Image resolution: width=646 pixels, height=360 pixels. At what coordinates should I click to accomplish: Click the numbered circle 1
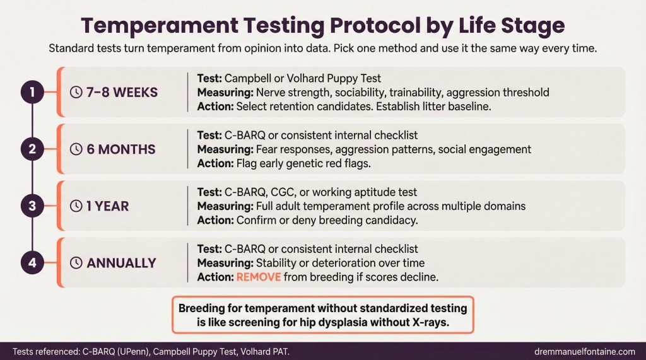point(32,92)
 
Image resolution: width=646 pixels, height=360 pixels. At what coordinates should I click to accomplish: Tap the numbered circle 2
point(32,149)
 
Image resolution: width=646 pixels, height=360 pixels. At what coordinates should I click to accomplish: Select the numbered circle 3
point(32,206)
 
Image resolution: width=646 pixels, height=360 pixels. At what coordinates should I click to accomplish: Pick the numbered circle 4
point(32,262)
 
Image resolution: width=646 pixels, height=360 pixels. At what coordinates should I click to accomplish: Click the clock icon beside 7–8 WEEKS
point(76,92)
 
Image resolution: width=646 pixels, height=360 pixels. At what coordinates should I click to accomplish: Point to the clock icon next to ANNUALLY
point(76,263)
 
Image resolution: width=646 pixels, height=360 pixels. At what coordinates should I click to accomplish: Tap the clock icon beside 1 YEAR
point(76,206)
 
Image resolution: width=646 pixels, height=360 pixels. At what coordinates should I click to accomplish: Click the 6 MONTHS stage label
point(120,149)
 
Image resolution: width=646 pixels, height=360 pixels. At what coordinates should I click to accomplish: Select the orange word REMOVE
point(259,277)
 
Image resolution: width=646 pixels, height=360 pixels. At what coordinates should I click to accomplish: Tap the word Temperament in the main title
point(160,26)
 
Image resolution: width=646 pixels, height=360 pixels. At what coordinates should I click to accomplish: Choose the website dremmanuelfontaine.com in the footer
point(585,352)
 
